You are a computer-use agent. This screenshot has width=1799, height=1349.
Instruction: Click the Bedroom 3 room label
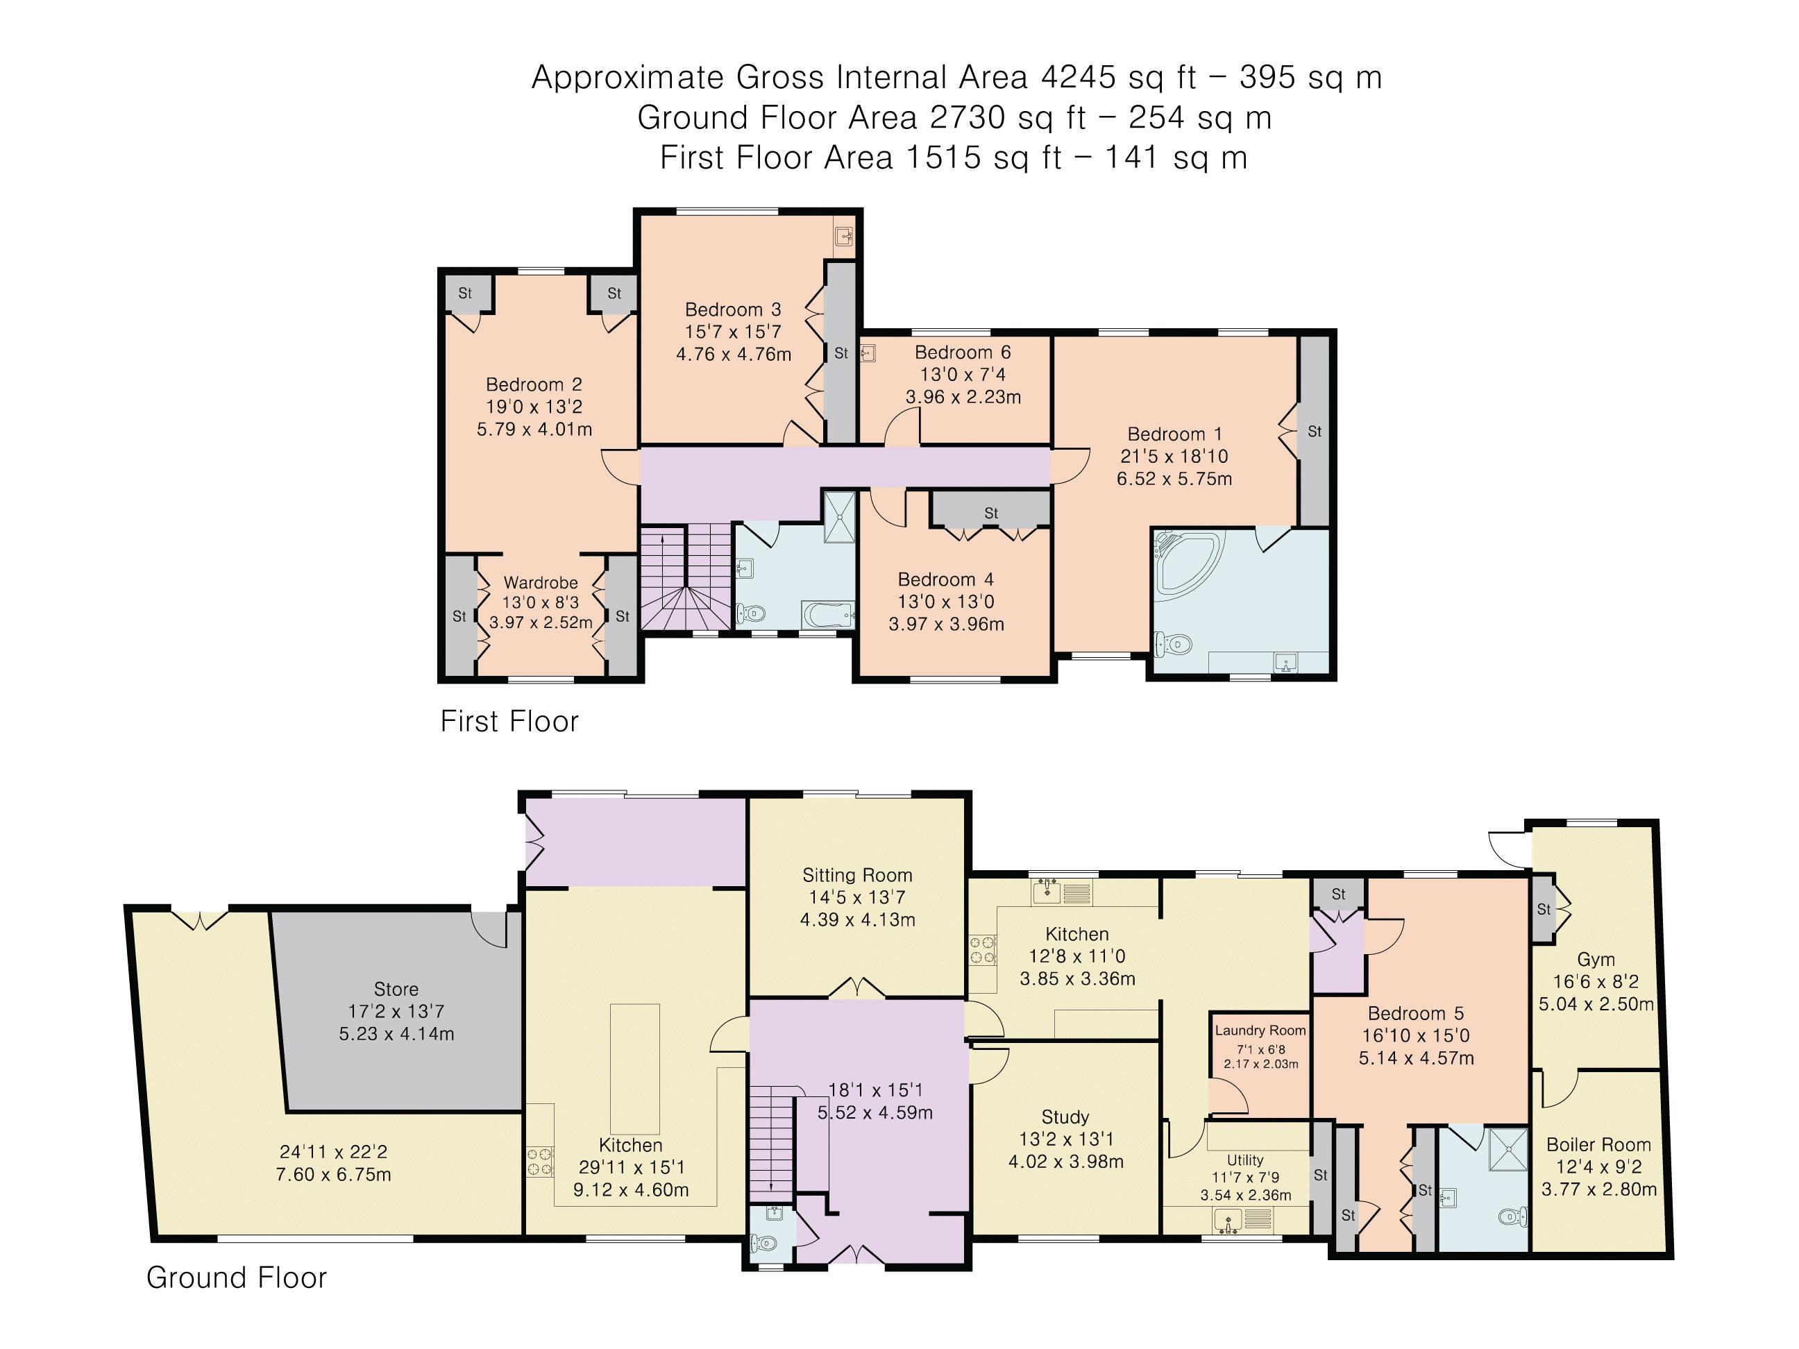pos(733,309)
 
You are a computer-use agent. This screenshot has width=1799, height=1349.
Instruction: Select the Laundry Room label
pos(1260,1030)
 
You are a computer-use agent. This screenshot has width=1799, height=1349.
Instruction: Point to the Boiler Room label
pos(1598,1145)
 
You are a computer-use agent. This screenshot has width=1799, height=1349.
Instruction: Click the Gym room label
pos(1595,960)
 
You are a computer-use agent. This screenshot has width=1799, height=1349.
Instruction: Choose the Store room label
pos(396,990)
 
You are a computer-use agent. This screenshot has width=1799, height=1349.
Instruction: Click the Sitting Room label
pos(857,876)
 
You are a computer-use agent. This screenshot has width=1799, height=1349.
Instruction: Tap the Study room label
pos(1065,1117)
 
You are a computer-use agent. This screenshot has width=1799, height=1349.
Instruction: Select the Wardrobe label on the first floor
pos(541,583)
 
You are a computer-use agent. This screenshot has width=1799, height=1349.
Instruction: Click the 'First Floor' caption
pos(509,721)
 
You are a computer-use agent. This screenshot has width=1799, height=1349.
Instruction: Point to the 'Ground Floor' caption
pos(236,1278)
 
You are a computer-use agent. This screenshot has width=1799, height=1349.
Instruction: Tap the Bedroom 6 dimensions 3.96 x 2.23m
pos(963,398)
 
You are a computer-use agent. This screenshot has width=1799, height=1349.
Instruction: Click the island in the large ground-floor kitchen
pos(635,1069)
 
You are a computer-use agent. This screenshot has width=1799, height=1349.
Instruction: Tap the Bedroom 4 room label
pos(945,579)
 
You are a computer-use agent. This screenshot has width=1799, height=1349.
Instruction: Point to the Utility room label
pos(1245,1160)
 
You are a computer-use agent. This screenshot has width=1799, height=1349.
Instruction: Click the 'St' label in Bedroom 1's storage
pos(1315,432)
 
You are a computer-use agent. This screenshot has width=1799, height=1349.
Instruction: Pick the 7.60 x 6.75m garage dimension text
pos(333,1175)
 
